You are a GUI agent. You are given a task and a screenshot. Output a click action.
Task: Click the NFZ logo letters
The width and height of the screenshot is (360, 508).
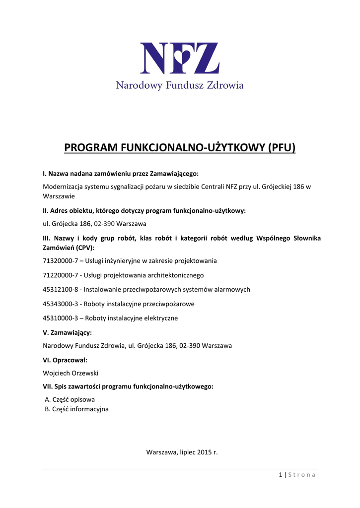pyautogui.click(x=180, y=59)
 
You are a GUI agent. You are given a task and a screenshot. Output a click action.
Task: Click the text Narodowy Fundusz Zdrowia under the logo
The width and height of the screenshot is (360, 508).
pyautogui.click(x=180, y=86)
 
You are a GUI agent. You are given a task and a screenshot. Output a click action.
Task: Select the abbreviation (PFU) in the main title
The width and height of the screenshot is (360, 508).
pyautogui.click(x=282, y=148)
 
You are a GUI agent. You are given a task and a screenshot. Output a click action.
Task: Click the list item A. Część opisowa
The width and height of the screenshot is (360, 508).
pyautogui.click(x=70, y=399)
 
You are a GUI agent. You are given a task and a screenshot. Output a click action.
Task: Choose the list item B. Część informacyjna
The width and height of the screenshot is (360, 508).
pyautogui.click(x=77, y=409)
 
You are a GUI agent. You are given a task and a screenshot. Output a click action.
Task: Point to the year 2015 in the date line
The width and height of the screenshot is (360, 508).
pyautogui.click(x=204, y=452)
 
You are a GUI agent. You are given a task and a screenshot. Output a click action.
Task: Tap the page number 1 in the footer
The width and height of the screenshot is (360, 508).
pyautogui.click(x=280, y=475)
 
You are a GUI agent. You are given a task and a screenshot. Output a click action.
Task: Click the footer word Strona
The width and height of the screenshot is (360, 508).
pyautogui.click(x=302, y=475)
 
